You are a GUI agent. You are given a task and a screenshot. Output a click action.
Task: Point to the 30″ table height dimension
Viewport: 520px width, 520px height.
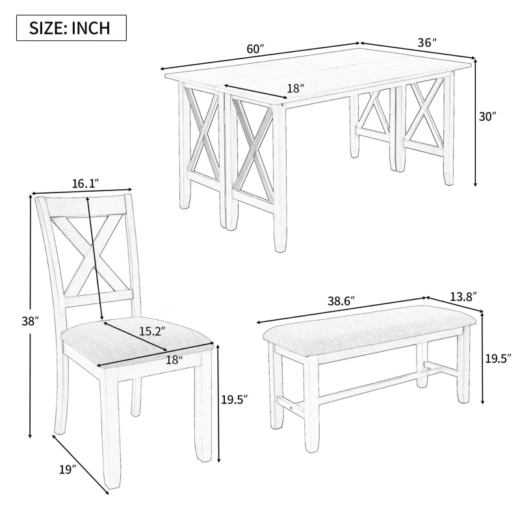pyautogui.click(x=487, y=117)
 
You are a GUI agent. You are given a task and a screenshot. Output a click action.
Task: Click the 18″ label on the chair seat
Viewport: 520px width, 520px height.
pyautogui.click(x=175, y=359)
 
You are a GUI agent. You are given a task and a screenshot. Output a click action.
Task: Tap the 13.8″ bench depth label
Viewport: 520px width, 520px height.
pyautogui.click(x=463, y=296)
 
